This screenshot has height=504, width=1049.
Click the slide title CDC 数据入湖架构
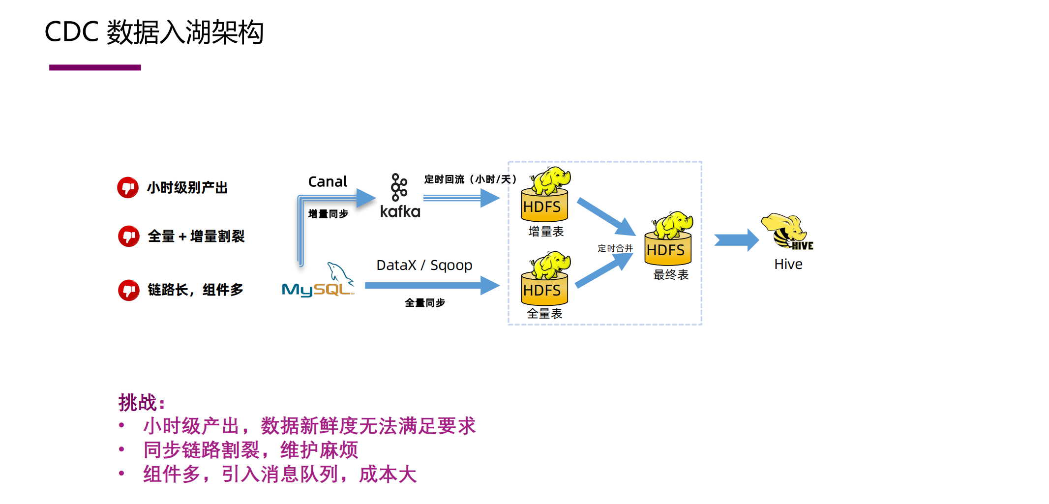[154, 32]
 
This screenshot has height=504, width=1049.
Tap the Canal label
[328, 182]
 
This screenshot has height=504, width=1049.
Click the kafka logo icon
[399, 187]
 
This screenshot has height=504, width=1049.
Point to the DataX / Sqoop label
[424, 266]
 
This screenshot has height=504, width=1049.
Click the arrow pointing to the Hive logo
[736, 240]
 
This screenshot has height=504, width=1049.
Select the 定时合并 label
[615, 249]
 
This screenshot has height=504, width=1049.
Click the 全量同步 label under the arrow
[425, 303]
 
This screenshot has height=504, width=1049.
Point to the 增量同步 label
[328, 214]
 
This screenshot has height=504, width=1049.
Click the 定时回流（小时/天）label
[470, 179]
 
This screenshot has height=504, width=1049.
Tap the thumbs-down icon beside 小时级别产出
[128, 187]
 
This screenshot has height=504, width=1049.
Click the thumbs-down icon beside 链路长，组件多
[128, 290]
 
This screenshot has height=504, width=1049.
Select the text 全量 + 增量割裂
[196, 237]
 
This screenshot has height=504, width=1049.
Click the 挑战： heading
[141, 403]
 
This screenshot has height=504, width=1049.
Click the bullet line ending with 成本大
[279, 474]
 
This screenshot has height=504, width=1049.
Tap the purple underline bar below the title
[95, 67]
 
